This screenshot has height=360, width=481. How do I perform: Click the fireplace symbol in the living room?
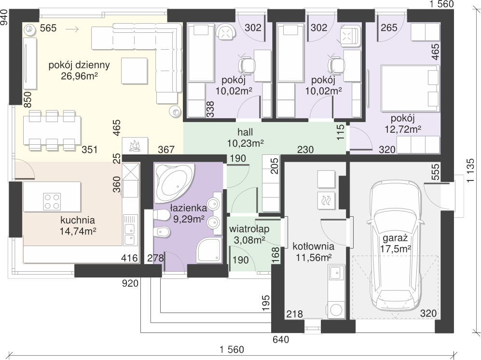[x=135, y=145]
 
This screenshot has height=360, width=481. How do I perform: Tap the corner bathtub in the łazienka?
[x=173, y=183]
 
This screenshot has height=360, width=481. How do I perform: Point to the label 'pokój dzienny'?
[x=79, y=65]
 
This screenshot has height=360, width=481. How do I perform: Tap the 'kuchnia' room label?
[x=78, y=220]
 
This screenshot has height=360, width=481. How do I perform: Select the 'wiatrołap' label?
[x=249, y=229]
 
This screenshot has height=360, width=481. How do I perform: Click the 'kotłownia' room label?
[x=313, y=246]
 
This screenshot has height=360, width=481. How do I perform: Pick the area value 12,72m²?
[x=403, y=129]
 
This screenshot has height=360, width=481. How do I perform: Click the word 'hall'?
[x=245, y=132]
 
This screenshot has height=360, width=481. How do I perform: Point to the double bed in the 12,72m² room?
[x=410, y=88]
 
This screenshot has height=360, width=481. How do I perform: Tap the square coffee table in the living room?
[x=134, y=71]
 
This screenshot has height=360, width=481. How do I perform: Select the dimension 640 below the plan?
[x=281, y=340]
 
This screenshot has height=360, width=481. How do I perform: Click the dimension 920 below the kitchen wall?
[x=130, y=283]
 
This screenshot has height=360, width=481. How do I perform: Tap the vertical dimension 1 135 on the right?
[x=470, y=171]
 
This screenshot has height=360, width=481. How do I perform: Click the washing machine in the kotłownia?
[x=336, y=310]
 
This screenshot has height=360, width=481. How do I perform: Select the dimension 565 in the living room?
[x=48, y=28]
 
